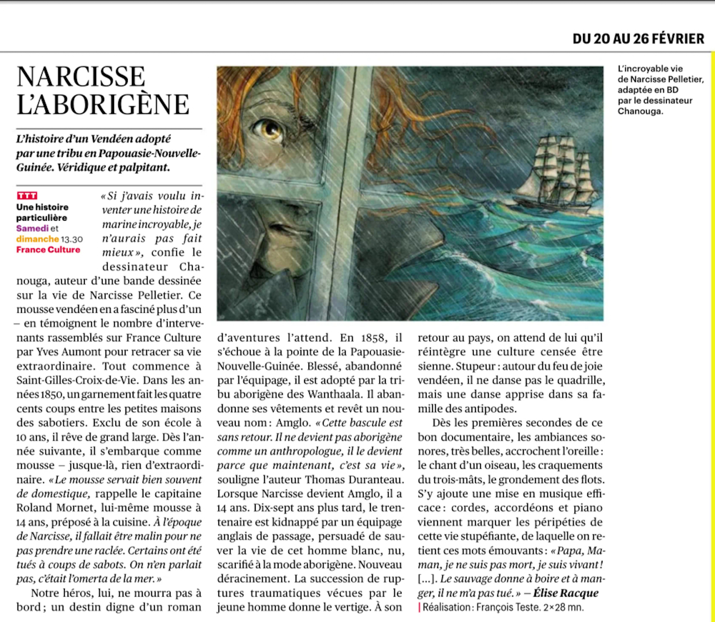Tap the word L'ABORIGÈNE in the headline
[x=103, y=104]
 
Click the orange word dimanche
[x=38, y=239]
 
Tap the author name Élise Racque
[x=566, y=593]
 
